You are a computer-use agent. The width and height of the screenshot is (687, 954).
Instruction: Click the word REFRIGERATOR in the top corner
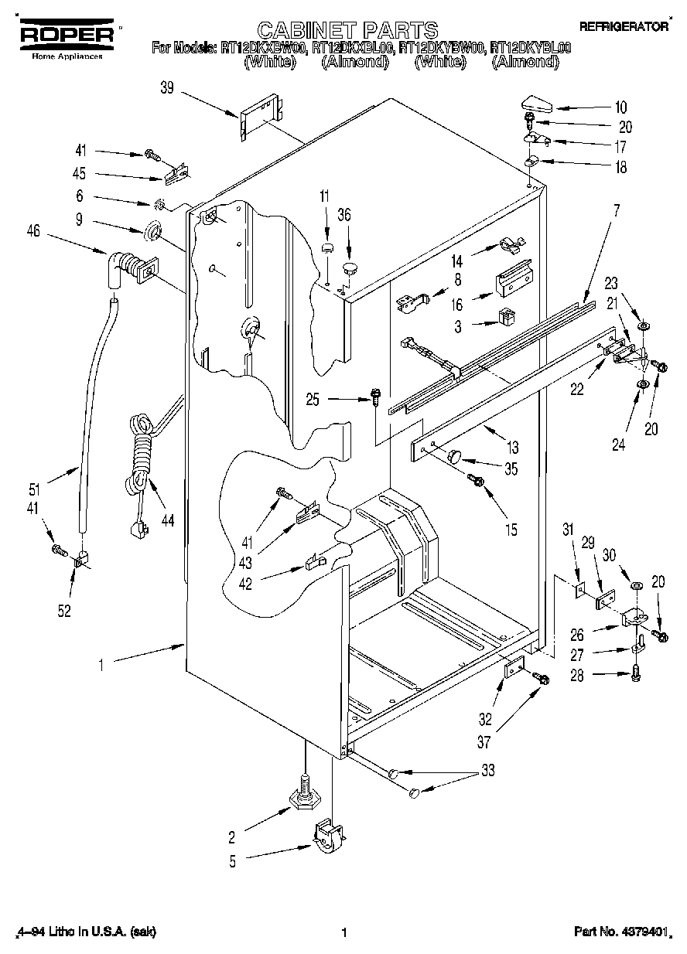pyautogui.click(x=624, y=26)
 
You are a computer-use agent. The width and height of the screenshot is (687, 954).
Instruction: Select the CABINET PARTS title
pyautogui.click(x=347, y=30)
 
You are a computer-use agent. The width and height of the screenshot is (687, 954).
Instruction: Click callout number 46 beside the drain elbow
pyautogui.click(x=33, y=230)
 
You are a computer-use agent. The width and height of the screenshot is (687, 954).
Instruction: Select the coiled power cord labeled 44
pyautogui.click(x=139, y=456)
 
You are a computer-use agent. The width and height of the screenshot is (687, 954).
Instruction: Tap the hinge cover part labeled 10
pyautogui.click(x=535, y=102)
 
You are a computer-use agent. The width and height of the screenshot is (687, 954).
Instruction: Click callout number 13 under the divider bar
pyautogui.click(x=512, y=447)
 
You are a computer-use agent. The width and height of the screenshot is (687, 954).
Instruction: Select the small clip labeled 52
pyautogui.click(x=79, y=558)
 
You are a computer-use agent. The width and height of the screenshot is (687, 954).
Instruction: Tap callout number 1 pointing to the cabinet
pyautogui.click(x=103, y=661)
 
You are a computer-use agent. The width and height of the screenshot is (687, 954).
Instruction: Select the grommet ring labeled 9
pyautogui.click(x=153, y=231)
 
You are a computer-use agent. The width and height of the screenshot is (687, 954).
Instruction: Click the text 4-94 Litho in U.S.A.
pyautogui.click(x=85, y=932)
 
